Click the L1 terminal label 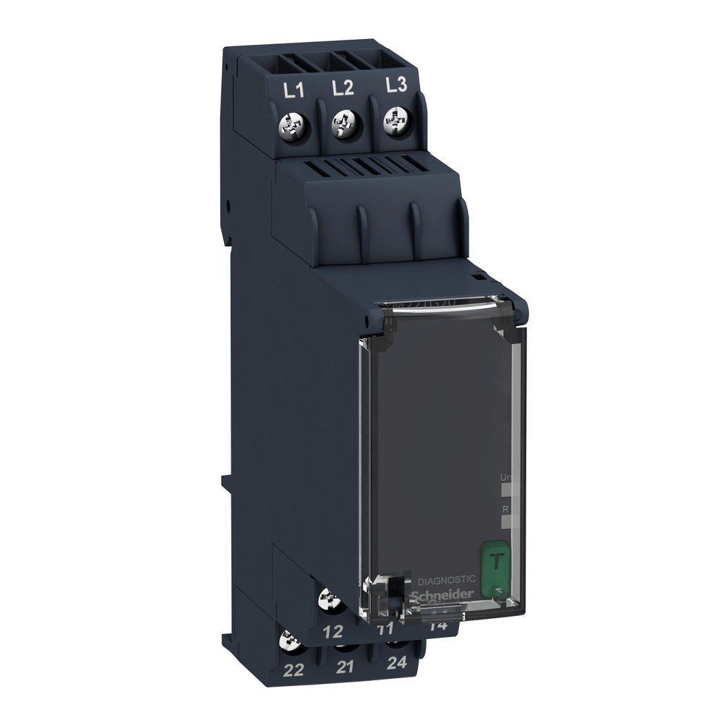pyautogui.click(x=291, y=91)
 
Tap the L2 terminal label pyautogui.click(x=342, y=88)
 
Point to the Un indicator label pyautogui.click(x=507, y=477)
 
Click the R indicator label pyautogui.click(x=505, y=510)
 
